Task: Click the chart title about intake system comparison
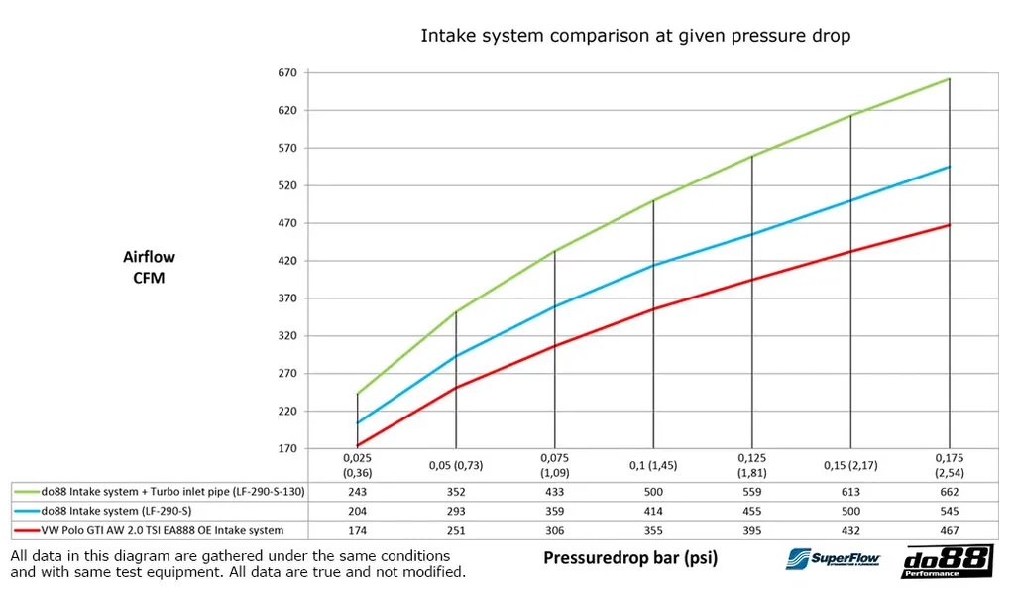click(635, 36)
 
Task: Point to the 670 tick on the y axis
click(288, 72)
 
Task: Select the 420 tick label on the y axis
click(288, 261)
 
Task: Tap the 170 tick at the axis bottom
click(288, 449)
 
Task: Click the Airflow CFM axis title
click(149, 268)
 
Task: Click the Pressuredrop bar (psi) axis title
click(630, 558)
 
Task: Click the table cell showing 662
click(950, 491)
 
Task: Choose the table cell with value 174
click(357, 531)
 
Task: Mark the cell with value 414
click(653, 511)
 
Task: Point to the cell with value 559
click(751, 491)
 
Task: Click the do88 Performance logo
click(946, 562)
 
